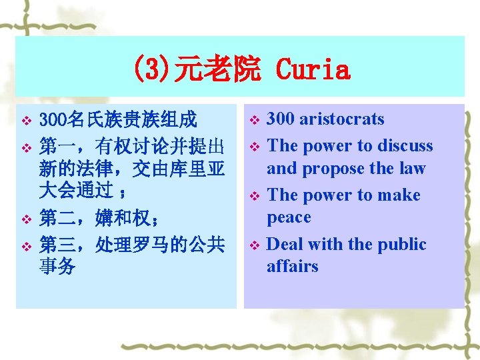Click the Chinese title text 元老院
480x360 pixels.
[217, 69]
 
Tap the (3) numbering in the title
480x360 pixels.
[151, 69]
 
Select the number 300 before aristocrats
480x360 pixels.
[281, 119]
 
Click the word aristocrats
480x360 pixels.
[342, 119]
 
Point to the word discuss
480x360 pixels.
[405, 146]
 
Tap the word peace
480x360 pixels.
[289, 217]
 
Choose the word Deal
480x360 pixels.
[285, 245]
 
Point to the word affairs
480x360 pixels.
[293, 267]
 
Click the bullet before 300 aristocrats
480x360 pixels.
[253, 121]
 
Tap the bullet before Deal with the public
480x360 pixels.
[253, 245]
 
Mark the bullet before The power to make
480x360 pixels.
[253, 196]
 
